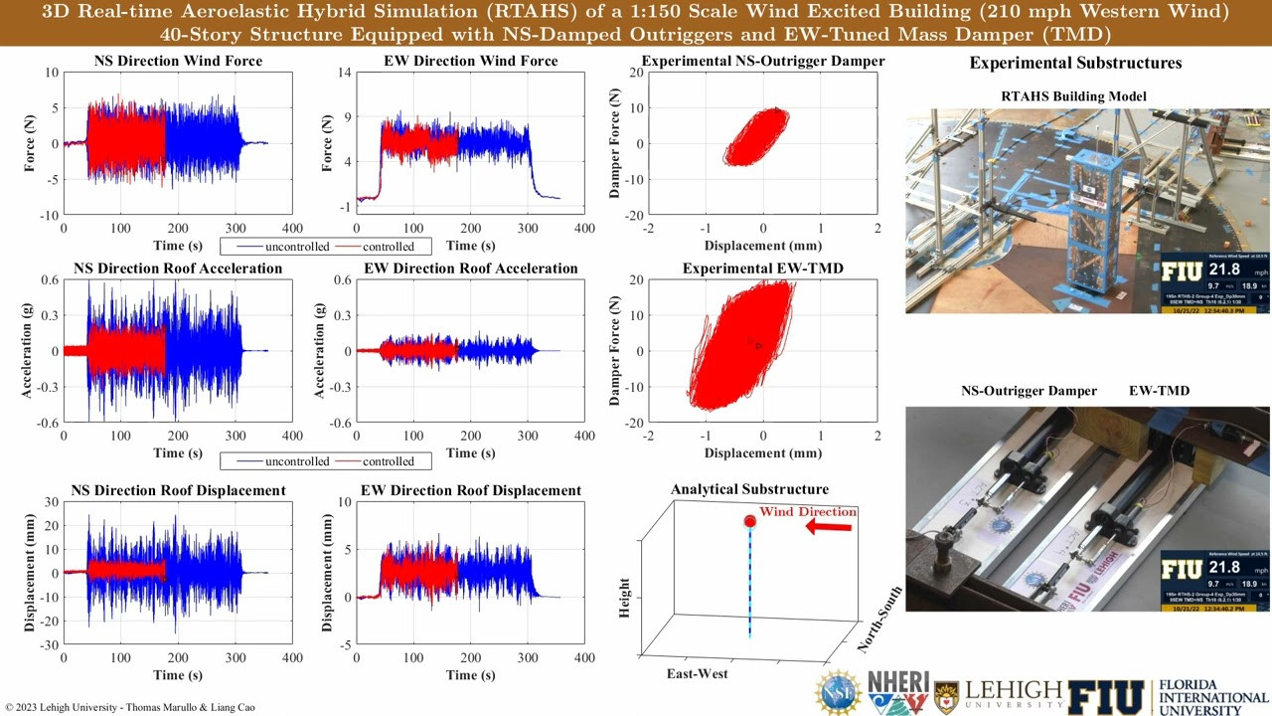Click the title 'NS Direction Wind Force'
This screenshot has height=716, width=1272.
pyautogui.click(x=178, y=61)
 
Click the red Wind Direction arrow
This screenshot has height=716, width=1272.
pyautogui.click(x=829, y=526)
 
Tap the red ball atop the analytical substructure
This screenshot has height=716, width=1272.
pyautogui.click(x=750, y=521)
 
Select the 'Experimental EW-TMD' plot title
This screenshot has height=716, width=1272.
pyautogui.click(x=762, y=268)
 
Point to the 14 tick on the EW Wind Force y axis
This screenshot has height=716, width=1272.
pyautogui.click(x=345, y=73)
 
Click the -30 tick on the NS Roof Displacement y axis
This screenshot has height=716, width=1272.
pyautogui.click(x=47, y=644)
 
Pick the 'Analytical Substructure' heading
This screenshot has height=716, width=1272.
pyautogui.click(x=749, y=489)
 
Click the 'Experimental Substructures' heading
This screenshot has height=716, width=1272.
pyautogui.click(x=1075, y=63)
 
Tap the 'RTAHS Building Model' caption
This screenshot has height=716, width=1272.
pyautogui.click(x=1086, y=96)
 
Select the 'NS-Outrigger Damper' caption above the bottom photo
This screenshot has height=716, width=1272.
pyautogui.click(x=1029, y=391)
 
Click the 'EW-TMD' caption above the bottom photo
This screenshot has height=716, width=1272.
pyautogui.click(x=1159, y=391)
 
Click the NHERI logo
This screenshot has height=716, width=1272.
pyautogui.click(x=897, y=692)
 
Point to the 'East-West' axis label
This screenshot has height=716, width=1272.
pyautogui.click(x=697, y=673)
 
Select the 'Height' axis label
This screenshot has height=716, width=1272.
pyautogui.click(x=625, y=598)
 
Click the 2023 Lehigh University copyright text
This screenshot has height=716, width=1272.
pyautogui.click(x=130, y=707)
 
